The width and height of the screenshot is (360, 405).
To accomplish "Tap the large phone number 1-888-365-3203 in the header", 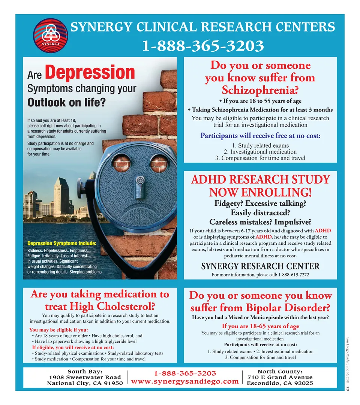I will (202, 46).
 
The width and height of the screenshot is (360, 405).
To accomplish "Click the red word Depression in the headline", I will (90, 72).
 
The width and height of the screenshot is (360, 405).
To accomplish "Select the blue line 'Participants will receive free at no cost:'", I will (260, 135).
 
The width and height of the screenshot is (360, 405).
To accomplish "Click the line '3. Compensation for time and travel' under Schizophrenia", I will (260, 158).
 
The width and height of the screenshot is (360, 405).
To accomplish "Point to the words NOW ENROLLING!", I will (260, 193).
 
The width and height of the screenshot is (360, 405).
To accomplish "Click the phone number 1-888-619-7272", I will (294, 275).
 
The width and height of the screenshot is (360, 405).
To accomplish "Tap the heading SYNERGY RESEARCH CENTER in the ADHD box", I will (260, 266).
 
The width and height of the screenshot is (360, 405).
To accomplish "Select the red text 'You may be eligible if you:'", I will (58, 330).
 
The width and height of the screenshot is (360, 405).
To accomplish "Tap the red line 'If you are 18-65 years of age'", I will (260, 326).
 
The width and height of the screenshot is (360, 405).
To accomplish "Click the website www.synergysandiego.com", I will (185, 381).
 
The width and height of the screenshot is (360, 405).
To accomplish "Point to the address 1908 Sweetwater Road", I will (85, 377).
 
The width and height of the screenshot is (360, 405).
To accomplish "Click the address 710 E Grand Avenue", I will (280, 377).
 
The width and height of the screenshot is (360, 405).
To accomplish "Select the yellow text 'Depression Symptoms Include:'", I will (62, 244).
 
